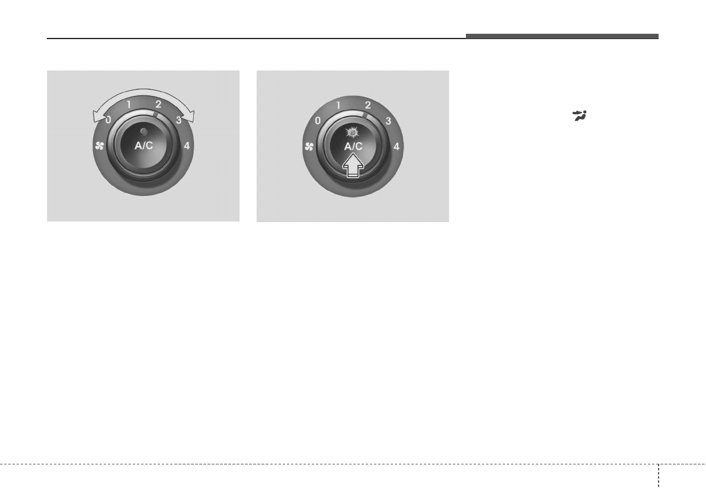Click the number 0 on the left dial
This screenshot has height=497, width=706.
point(108,120)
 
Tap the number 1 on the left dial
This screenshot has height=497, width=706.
point(129,105)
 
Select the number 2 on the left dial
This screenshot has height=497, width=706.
point(158,104)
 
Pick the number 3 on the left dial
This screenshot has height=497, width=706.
point(179,120)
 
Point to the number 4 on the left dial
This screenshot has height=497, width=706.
point(186,146)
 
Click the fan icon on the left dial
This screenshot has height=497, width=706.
point(100,146)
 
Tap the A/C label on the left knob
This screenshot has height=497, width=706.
point(143,145)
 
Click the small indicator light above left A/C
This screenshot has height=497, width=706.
point(143,132)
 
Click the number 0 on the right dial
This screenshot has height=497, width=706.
point(318,120)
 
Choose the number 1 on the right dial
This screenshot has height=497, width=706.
point(338,106)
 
